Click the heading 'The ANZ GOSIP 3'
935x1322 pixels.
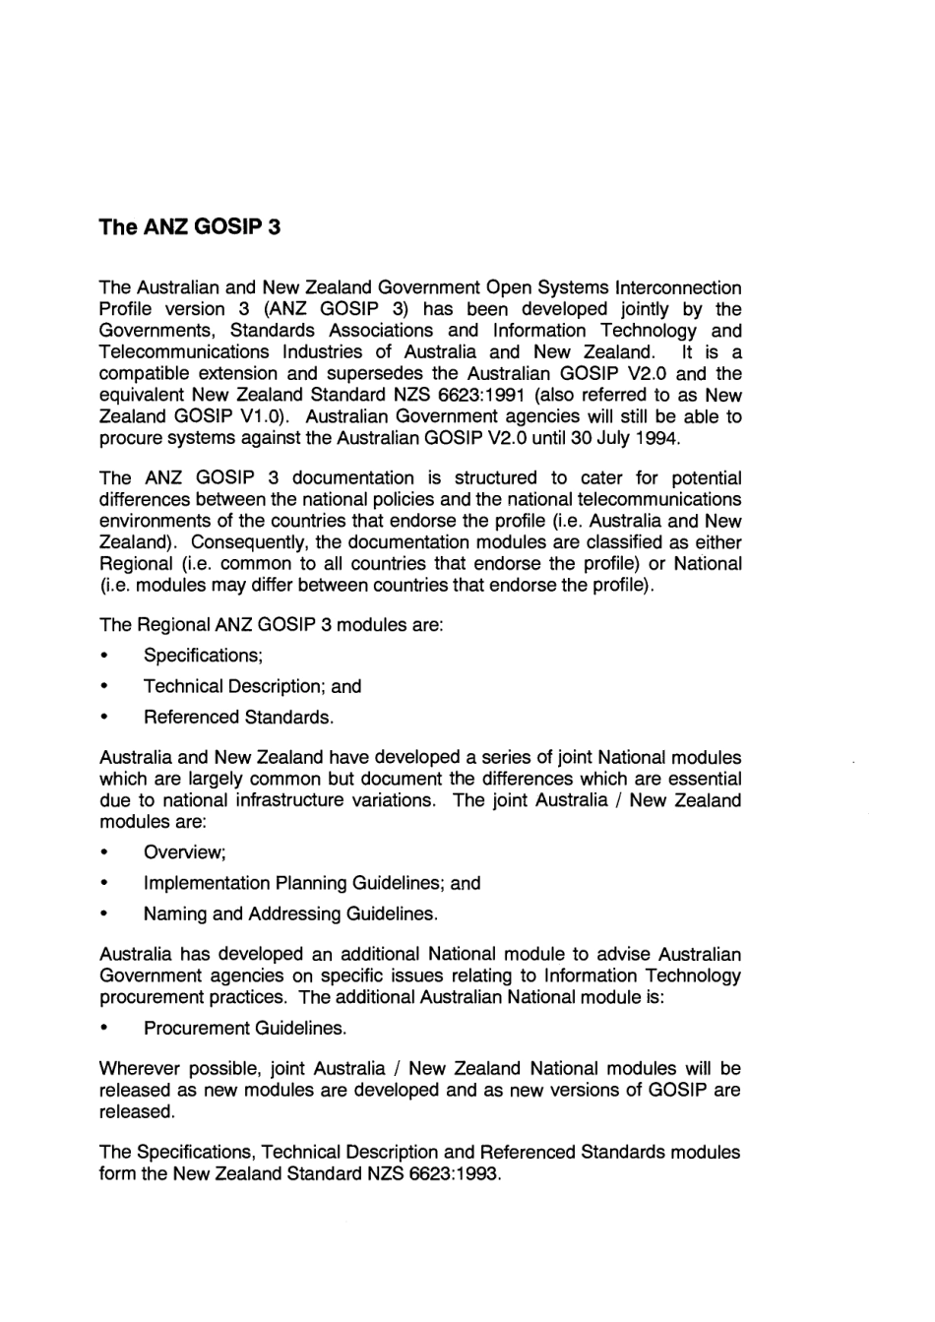click(x=189, y=227)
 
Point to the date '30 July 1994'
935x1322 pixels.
click(x=631, y=437)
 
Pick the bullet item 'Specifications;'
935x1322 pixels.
click(x=203, y=656)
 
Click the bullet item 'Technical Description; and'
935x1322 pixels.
click(x=252, y=686)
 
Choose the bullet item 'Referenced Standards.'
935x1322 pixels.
click(x=238, y=717)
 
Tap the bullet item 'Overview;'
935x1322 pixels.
click(x=185, y=852)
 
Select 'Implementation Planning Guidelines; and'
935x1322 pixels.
click(x=312, y=883)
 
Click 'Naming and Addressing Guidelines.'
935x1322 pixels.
click(x=290, y=913)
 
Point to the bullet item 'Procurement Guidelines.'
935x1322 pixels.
click(x=245, y=1028)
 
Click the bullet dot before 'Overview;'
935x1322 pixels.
click(x=103, y=852)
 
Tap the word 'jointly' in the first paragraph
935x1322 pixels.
click(x=635, y=309)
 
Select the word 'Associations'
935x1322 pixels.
click(x=382, y=331)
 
